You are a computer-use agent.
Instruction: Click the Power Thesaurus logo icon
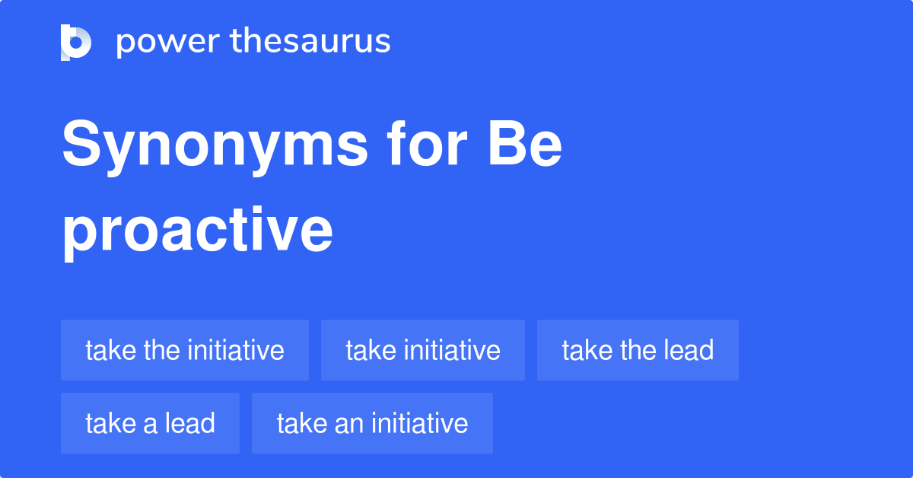(76, 42)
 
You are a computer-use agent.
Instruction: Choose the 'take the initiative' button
(185, 350)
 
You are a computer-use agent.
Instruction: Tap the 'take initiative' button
(423, 350)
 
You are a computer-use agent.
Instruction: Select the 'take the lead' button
(638, 350)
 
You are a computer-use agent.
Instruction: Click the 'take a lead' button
(150, 423)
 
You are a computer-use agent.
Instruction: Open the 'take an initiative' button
(372, 423)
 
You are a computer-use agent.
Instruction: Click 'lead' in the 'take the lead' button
(688, 350)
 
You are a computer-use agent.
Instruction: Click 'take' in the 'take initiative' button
(370, 350)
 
